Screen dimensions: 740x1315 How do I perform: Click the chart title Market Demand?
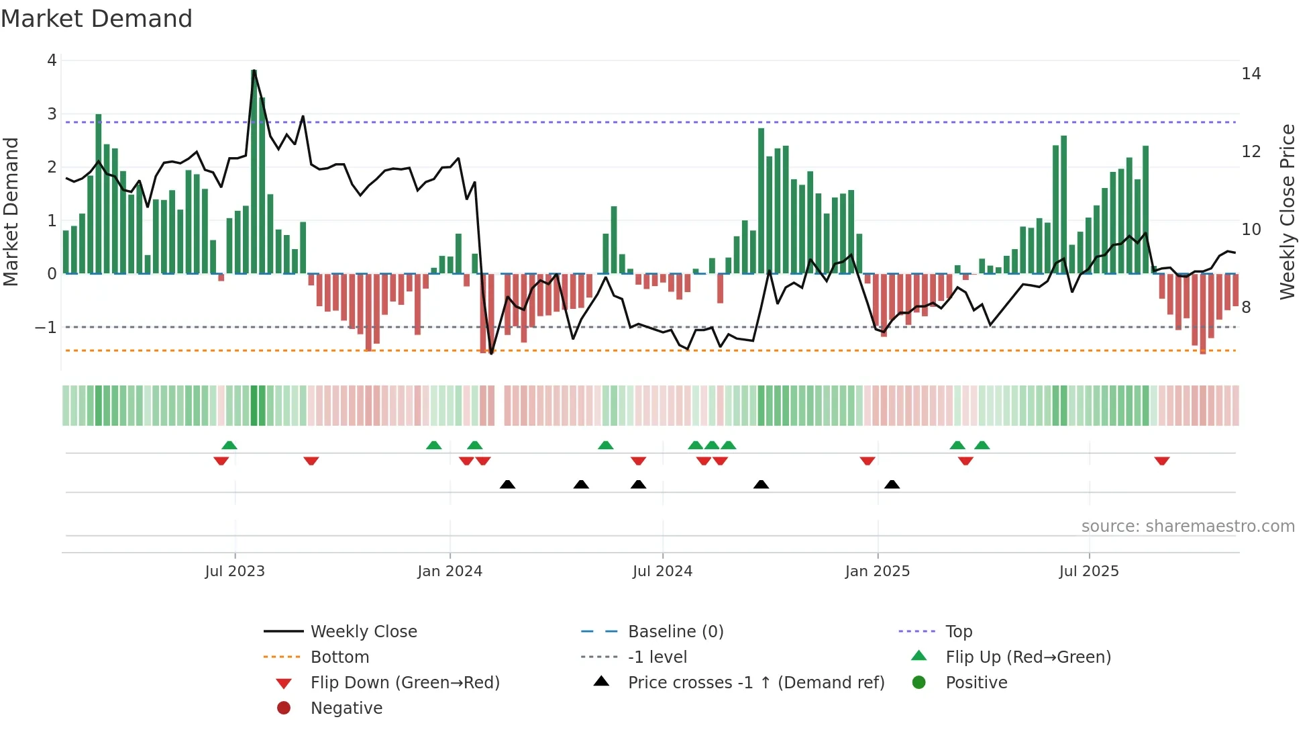[97, 18]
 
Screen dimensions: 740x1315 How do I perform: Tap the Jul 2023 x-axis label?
[235, 571]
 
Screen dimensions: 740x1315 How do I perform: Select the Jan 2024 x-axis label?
[450, 571]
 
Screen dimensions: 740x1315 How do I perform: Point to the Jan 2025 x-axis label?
[877, 571]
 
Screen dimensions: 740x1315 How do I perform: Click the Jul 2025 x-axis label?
[1089, 571]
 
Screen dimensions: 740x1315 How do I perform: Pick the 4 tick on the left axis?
[52, 60]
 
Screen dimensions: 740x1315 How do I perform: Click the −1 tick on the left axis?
[46, 328]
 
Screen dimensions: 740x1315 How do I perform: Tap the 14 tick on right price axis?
[1251, 74]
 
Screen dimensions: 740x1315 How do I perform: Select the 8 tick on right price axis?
[1246, 308]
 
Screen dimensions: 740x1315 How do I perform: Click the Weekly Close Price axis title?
[1287, 212]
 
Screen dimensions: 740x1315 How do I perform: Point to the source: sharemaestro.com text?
[1188, 526]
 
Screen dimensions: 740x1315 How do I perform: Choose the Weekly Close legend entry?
[363, 631]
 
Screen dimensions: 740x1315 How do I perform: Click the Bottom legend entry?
[339, 657]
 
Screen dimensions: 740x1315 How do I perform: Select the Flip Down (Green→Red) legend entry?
[405, 682]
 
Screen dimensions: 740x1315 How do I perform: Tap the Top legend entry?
[959, 631]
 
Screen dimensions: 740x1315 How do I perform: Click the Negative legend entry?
[346, 708]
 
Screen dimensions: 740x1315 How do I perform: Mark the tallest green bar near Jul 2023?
[254, 171]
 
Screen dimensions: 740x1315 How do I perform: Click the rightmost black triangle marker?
[892, 484]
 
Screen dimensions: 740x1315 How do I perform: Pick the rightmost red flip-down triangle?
[1162, 461]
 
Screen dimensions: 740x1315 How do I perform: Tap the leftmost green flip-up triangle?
[229, 445]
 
